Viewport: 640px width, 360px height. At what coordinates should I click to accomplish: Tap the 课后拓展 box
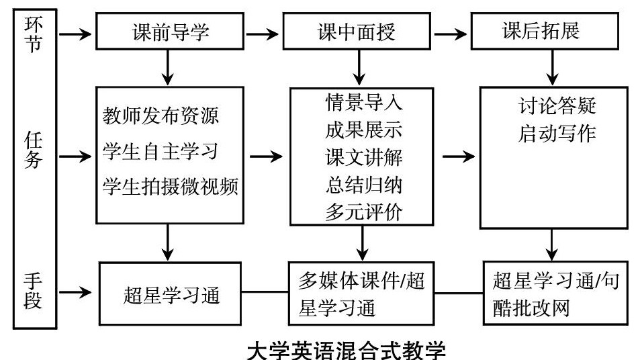tap(545, 32)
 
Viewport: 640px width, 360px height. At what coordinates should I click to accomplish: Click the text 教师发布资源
tap(161, 116)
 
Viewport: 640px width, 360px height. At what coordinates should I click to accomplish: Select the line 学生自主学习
tap(161, 151)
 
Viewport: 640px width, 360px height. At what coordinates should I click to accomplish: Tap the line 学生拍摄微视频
tap(171, 186)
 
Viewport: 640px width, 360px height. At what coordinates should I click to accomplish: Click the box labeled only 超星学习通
tap(171, 294)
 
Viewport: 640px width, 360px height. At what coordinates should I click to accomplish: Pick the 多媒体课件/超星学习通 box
tap(363, 294)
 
